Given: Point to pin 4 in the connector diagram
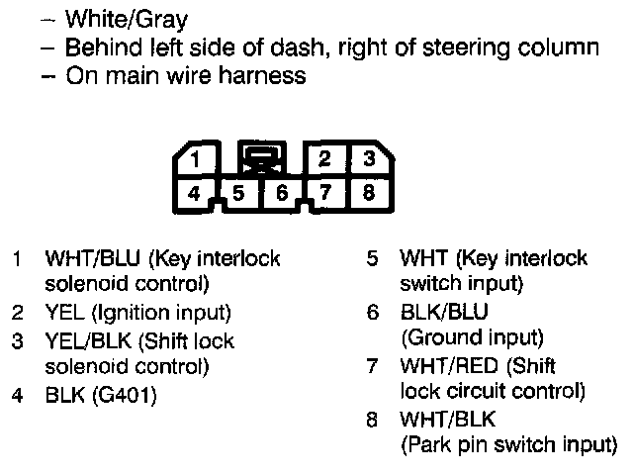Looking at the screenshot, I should pos(196,194).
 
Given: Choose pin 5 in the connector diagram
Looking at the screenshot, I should pos(239,194).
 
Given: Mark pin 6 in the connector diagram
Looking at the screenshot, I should pos(282,194).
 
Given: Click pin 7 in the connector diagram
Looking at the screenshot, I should pos(325,194).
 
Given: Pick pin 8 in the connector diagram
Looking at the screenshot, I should pos(368,194).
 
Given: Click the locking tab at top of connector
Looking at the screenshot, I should pos(262,158).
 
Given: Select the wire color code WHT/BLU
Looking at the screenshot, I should pos(93,260).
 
